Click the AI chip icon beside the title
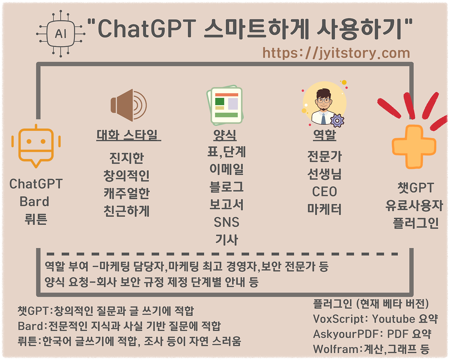click(x=60, y=33)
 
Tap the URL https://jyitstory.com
click(x=336, y=53)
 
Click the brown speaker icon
click(x=128, y=105)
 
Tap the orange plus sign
click(x=414, y=147)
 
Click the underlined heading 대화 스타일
click(x=128, y=135)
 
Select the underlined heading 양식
click(x=225, y=135)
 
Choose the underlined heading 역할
click(x=324, y=134)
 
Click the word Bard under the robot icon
click(x=34, y=202)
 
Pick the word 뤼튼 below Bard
click(x=36, y=219)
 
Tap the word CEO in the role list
click(x=324, y=192)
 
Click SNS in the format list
click(x=226, y=222)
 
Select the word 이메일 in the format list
click(x=226, y=169)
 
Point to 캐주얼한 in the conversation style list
click(x=127, y=193)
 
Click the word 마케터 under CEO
click(x=324, y=209)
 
